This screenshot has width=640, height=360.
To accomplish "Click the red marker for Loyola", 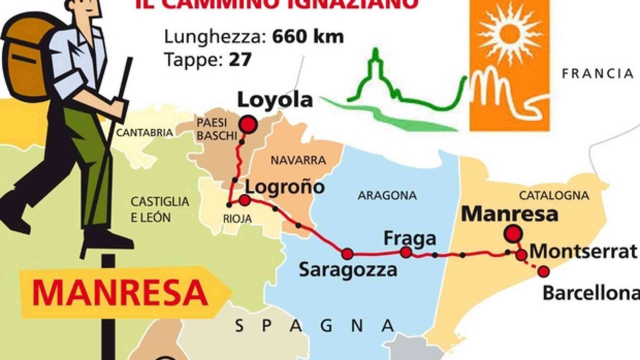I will pos(248,124).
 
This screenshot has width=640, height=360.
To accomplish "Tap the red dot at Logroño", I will pos(245,200).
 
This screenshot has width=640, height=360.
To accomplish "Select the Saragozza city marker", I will pos(347,254).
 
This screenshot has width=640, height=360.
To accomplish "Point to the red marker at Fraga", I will pos(406,252).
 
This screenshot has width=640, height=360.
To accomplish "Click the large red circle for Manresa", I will pos(512,234).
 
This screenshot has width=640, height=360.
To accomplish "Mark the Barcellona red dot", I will pos(543,272).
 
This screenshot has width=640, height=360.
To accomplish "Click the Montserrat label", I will pos(583,252).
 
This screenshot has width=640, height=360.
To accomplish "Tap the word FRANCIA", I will pos(597,74).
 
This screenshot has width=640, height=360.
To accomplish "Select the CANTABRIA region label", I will pos(144,133).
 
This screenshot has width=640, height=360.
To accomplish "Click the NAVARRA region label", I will pos(298,160).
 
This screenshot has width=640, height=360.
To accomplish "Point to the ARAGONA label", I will pos(387,195).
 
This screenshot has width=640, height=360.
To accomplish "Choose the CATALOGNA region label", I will pos(554,195).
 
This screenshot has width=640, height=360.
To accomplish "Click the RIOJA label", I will pos(237,219).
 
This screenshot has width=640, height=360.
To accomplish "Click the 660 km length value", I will pos(308,37).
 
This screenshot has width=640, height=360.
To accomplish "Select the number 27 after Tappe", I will pos(240,60).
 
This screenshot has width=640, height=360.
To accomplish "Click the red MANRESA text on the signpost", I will pos(120,293).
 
